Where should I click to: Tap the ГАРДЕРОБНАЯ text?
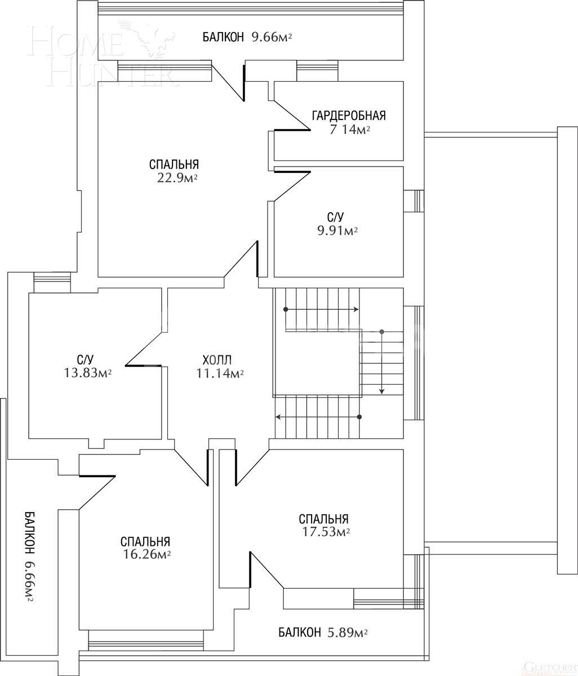(x=349, y=116)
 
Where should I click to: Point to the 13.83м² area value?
(x=87, y=372)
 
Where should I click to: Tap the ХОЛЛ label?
(x=217, y=359)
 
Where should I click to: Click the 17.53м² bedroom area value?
(x=324, y=532)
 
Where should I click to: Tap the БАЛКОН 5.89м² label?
(x=323, y=633)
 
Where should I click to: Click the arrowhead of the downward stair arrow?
(x=382, y=391)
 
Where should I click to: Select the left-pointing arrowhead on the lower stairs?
(x=278, y=417)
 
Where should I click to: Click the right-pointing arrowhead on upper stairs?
(x=357, y=309)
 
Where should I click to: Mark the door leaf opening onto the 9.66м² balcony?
(x=244, y=82)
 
